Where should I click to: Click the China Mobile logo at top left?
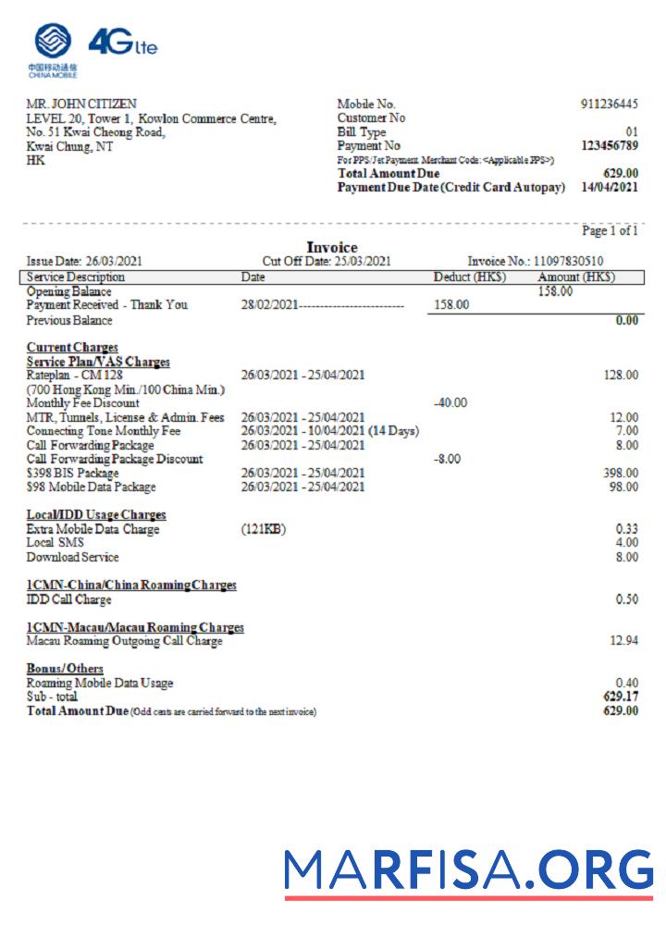tap(53, 48)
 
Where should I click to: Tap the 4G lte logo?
tap(122, 43)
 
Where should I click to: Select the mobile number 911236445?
tap(609, 105)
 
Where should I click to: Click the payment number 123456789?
tap(609, 146)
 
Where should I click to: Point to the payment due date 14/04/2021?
tap(609, 188)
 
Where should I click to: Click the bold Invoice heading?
tap(332, 248)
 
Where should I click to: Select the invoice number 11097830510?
tap(568, 262)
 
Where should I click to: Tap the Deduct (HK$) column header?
tap(470, 277)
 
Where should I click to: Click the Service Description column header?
tap(76, 277)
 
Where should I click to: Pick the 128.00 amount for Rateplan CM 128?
tap(620, 375)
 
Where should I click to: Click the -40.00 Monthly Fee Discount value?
tap(450, 402)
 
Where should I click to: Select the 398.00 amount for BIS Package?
tap(620, 473)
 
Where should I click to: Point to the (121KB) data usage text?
tap(264, 529)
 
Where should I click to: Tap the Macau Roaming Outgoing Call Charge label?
tap(124, 641)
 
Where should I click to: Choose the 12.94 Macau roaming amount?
tap(623, 641)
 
